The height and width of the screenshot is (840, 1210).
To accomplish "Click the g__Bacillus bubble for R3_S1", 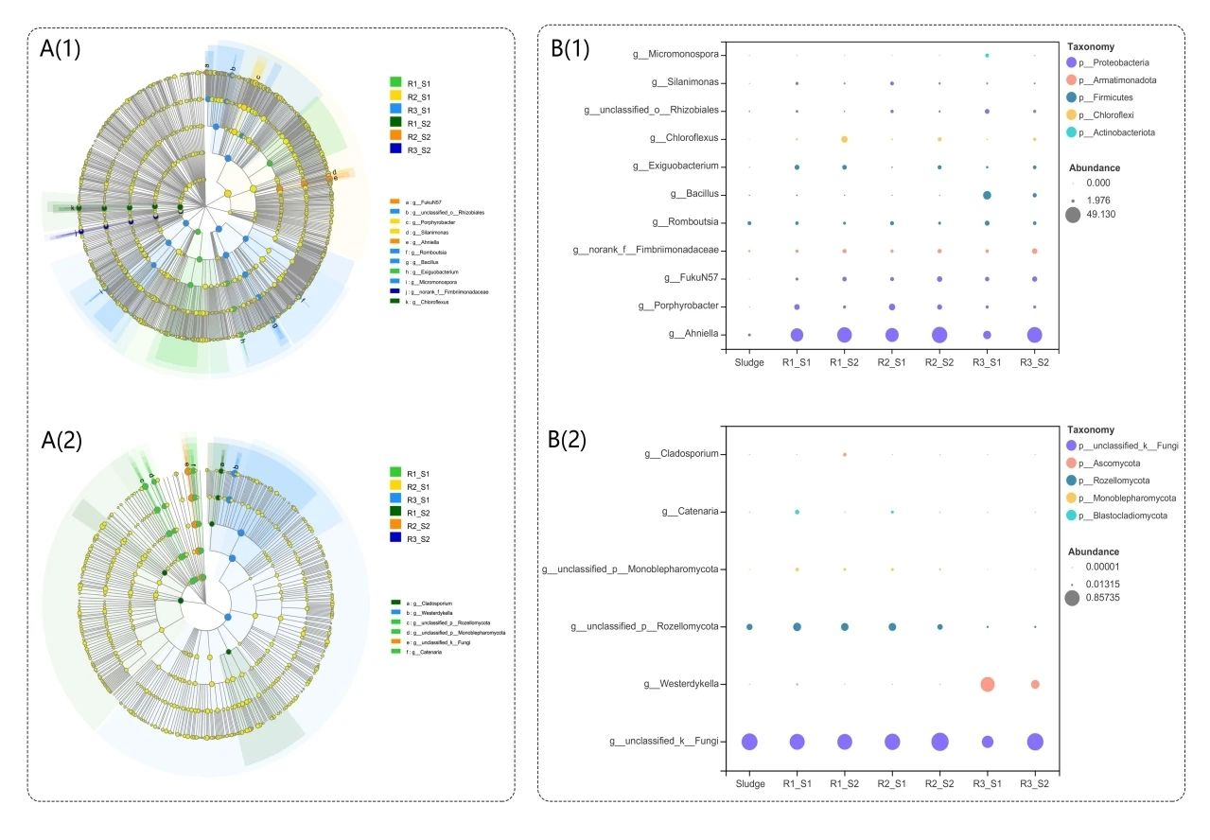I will [x=987, y=195].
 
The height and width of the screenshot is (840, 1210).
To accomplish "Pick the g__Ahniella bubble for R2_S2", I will [x=939, y=335].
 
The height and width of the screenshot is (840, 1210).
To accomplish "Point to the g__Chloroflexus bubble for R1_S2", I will [x=844, y=139].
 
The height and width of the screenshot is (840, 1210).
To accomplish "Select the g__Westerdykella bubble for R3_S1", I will [x=987, y=684].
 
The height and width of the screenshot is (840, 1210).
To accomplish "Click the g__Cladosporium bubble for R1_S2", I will [x=844, y=454].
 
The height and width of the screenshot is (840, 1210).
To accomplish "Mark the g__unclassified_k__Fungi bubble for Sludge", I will [x=749, y=742].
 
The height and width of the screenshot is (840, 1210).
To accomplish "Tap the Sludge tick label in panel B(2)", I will [x=749, y=783].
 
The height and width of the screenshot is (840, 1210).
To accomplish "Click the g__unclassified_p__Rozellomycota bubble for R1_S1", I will [x=798, y=626].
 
